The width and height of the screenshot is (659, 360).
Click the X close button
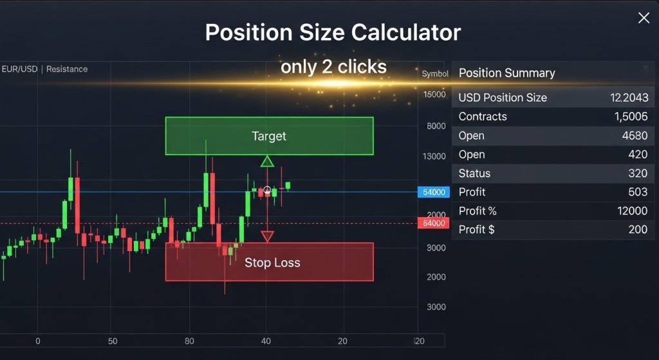coord(644,18)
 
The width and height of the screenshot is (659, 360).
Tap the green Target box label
coord(269,136)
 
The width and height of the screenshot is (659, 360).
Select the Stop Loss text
coord(272,263)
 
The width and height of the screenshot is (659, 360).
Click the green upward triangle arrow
coord(267,161)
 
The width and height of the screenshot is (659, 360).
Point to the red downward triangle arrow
coord(267,236)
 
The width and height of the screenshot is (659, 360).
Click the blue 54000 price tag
coord(432,192)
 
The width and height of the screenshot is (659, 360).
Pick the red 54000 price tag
coord(432,223)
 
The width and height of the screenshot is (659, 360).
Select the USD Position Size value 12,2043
coord(629,98)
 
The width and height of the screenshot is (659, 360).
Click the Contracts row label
coord(483,117)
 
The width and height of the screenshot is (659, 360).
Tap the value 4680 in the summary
coord(635,136)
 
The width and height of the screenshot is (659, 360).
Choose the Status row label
coord(474,173)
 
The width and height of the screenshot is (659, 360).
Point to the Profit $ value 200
coord(638,229)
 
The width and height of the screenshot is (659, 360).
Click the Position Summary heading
coord(506,73)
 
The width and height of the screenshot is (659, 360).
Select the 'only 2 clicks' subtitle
coord(333,66)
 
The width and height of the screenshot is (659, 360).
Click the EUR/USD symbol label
coord(19,69)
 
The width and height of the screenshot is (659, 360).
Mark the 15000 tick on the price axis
coord(434,95)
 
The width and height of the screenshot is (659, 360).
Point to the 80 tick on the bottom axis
coord(189,341)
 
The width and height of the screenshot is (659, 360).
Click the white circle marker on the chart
coord(267,191)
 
